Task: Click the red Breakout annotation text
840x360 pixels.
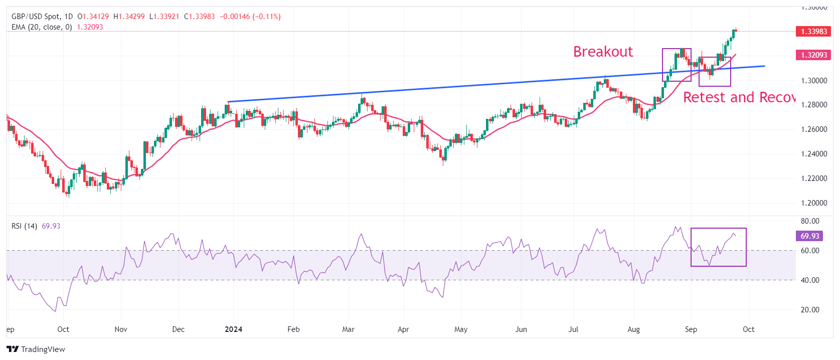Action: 603,52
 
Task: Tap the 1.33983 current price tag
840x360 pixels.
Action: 813,31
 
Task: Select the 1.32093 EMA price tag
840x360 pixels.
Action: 813,55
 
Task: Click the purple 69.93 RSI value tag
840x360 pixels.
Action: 809,236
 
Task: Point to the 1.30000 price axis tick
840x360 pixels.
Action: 814,80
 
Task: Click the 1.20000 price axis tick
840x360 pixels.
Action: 814,203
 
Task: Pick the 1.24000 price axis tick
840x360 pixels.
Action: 814,154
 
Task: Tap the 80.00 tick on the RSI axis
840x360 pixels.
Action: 810,221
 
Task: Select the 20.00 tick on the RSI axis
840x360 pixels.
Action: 810,310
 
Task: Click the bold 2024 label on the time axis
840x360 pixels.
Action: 233,329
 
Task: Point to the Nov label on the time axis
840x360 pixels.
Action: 121,329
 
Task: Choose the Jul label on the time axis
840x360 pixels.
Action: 573,329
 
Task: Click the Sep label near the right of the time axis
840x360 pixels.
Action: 691,329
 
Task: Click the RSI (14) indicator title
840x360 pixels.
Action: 24,226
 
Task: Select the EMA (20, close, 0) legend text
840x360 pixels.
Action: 42,27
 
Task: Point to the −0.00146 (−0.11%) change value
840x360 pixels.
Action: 250,17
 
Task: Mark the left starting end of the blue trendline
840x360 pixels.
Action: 228,102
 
